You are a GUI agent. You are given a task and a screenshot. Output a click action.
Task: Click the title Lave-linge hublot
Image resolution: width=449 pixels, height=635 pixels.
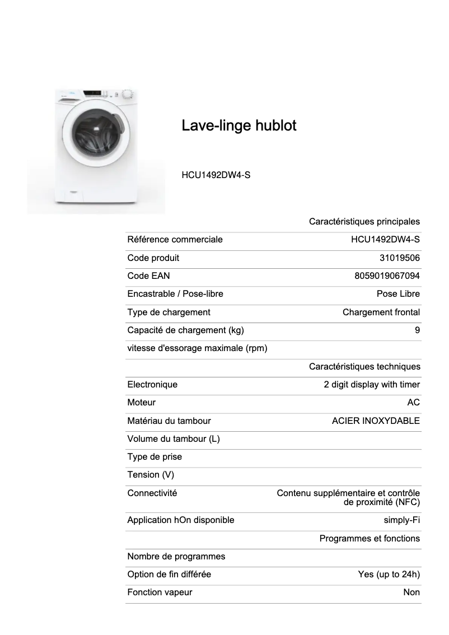(238, 125)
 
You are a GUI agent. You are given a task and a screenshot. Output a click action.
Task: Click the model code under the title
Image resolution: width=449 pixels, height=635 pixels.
(216, 175)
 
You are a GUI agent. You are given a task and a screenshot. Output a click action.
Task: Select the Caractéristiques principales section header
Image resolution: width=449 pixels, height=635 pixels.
(364, 222)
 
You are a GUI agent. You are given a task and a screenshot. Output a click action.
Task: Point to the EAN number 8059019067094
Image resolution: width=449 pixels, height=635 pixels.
(387, 276)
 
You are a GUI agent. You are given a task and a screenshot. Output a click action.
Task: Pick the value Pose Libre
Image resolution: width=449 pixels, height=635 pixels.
(398, 294)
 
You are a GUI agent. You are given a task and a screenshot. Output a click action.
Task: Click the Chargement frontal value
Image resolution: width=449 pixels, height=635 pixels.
(381, 312)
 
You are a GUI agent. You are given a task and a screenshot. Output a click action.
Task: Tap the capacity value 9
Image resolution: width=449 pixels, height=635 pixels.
(417, 330)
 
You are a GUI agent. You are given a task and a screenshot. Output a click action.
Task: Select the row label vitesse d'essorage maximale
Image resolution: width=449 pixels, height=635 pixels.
(197, 348)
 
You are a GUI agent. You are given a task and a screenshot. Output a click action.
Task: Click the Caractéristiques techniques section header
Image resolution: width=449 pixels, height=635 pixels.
(364, 367)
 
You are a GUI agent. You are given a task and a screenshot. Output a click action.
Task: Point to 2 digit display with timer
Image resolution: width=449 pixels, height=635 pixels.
(371, 385)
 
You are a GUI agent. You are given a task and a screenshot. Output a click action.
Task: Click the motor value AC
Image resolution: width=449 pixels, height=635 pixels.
(414, 403)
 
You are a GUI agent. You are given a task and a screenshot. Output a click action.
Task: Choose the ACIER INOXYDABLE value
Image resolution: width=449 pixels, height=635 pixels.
(376, 421)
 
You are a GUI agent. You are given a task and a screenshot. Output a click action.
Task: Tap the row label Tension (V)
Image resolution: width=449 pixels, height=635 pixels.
(151, 475)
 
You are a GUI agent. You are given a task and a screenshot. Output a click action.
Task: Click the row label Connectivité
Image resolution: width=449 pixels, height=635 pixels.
(152, 493)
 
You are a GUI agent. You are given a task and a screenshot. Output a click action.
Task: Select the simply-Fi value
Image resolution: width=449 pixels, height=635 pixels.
(401, 520)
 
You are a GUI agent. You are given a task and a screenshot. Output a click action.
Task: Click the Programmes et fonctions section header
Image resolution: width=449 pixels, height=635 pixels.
(370, 539)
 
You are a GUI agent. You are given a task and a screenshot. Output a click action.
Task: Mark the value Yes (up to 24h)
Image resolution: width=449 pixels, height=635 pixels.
(389, 575)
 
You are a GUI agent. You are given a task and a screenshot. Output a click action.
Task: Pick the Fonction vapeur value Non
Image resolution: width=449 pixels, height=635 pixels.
(411, 592)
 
